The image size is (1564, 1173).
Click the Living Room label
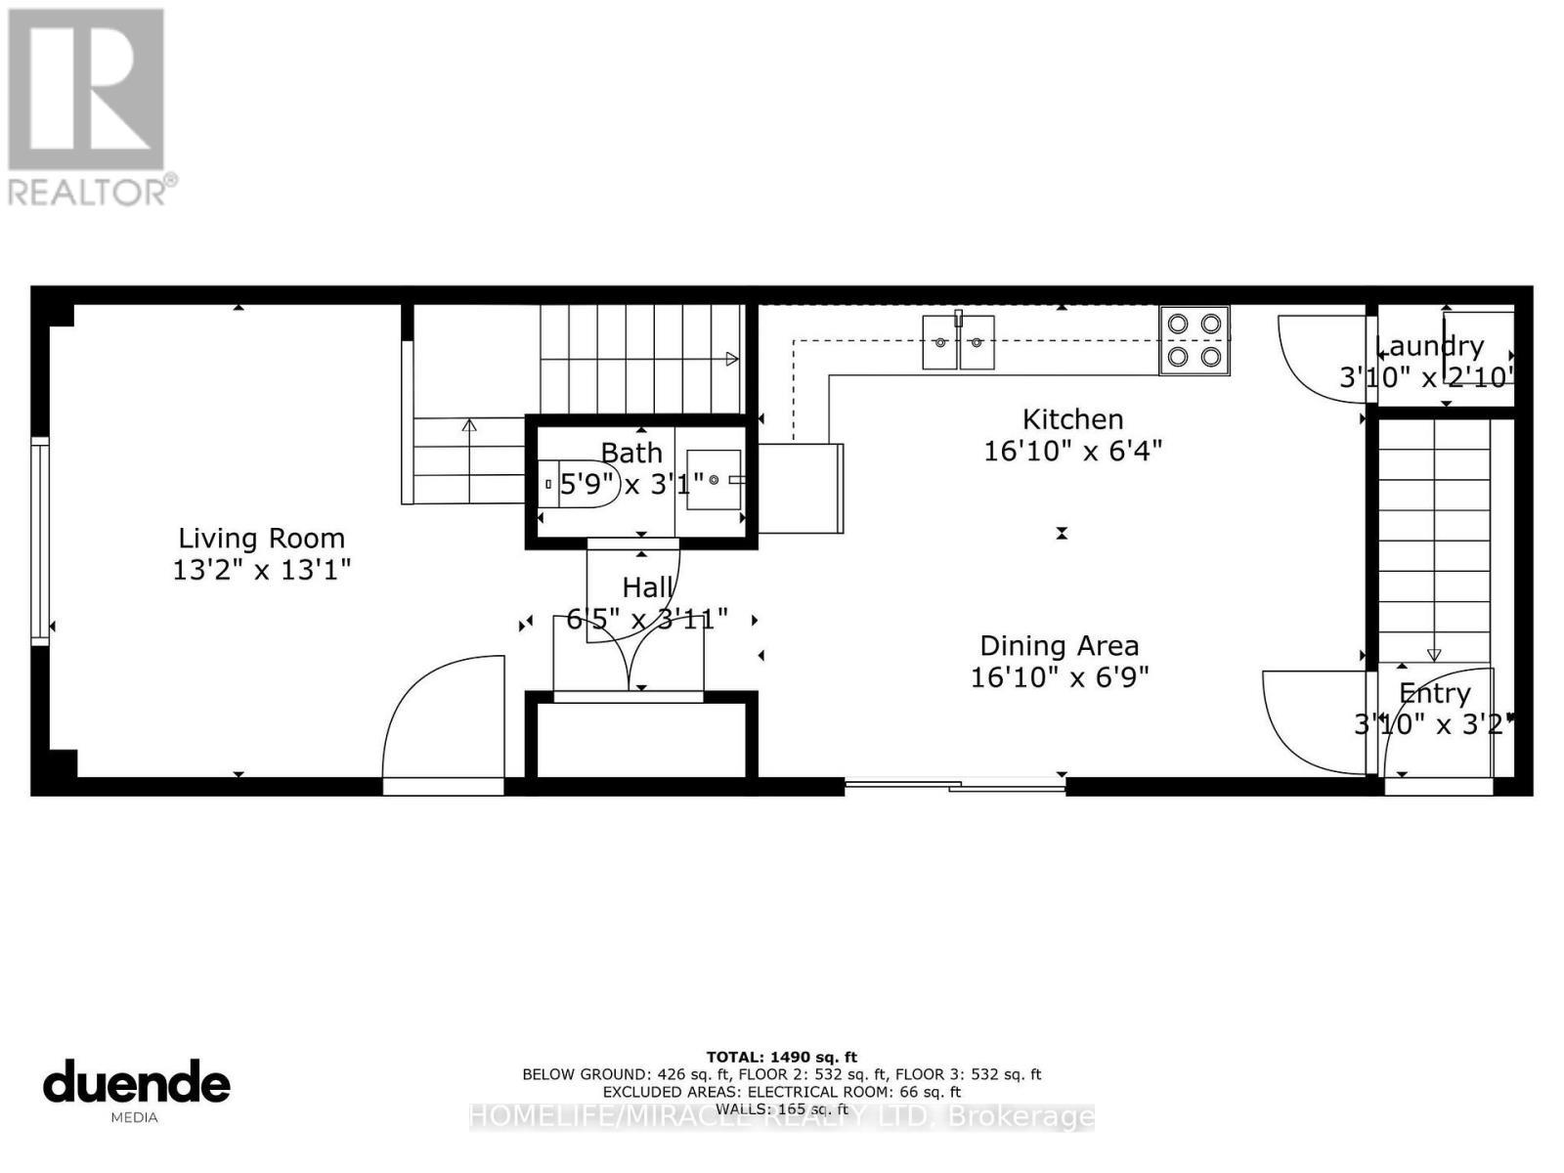coord(261,539)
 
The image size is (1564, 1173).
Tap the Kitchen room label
coord(1072,419)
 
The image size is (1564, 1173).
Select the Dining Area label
coord(1059,646)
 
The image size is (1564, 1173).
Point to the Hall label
coord(647,587)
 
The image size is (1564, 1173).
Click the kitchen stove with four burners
coord(1195,340)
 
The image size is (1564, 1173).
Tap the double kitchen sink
coord(958,342)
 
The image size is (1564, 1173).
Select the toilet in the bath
coord(577,484)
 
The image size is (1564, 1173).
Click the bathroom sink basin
coord(714,480)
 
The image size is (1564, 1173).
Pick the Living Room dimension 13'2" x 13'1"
coord(261,569)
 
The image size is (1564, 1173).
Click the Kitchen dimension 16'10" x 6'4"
coord(1072,451)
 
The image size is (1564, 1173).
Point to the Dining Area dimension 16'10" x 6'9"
coord(1059,676)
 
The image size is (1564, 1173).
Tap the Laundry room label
coord(1429,346)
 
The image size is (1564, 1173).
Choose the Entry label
coord(1434,693)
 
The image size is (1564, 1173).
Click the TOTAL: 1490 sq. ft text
coord(781,1057)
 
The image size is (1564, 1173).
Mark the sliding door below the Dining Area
coord(954,783)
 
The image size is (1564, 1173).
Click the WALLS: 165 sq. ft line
coord(781,1109)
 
